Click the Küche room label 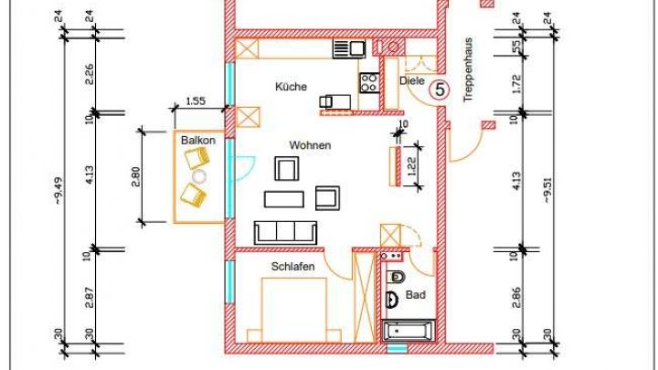[x=291, y=87]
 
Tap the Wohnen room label [x=310, y=145]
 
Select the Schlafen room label [x=293, y=266]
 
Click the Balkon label [x=197, y=141]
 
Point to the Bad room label [x=416, y=296]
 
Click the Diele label [x=413, y=81]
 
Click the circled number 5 [x=440, y=90]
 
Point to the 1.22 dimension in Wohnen [x=412, y=165]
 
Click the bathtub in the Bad [x=408, y=333]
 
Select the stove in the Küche [x=369, y=83]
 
